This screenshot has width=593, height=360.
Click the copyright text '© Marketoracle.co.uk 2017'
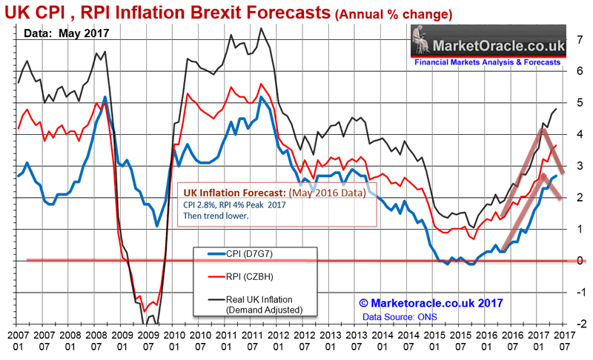coord(431,303)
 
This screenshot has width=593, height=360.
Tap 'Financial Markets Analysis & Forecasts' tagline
coord(487,64)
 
